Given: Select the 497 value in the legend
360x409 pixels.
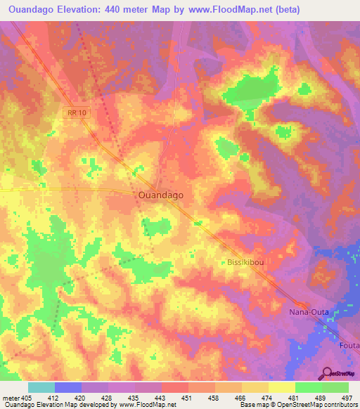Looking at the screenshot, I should coord(347,397).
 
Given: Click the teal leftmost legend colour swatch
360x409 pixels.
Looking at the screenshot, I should coord(41,387).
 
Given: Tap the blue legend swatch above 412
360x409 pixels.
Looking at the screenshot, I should coord(68,387).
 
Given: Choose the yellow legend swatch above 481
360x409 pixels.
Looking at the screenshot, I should coord(282,387).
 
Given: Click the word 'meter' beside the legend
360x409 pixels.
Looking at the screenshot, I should coord(8,397).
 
